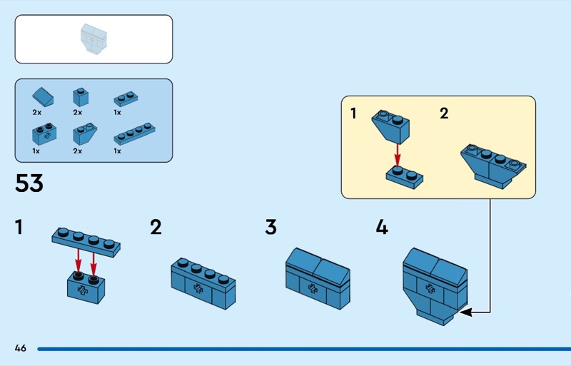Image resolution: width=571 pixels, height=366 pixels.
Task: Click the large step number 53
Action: [29, 183]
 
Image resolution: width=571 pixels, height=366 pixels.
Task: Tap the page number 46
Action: [20, 348]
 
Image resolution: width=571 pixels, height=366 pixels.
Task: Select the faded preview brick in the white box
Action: [93, 39]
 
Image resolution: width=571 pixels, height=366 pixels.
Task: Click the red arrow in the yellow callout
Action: [398, 153]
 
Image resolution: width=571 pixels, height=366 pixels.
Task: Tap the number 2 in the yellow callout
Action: [444, 113]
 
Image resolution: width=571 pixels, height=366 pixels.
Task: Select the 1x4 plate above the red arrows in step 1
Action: [86, 240]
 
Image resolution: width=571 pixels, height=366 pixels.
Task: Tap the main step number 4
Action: [382, 228]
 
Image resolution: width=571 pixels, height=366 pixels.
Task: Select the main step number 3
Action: [271, 228]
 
